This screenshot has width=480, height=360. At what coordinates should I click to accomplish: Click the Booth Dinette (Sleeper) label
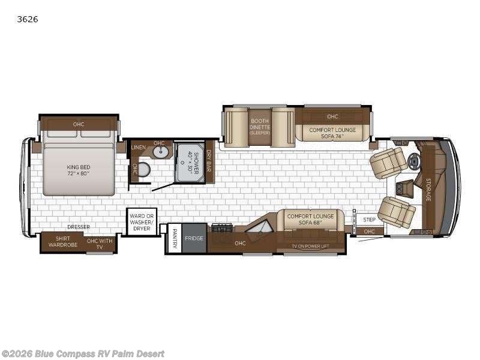coord(260,127)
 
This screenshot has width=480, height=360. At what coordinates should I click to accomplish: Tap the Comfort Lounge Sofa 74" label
coord(332,133)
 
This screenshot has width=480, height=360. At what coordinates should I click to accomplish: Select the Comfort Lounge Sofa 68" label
coord(310,219)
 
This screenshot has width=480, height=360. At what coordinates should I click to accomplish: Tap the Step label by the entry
coord(370,220)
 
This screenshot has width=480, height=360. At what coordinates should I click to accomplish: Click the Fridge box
coord(194,238)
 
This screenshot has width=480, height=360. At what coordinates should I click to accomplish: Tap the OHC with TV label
coord(100,244)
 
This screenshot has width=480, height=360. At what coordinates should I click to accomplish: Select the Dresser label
coord(79,227)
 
